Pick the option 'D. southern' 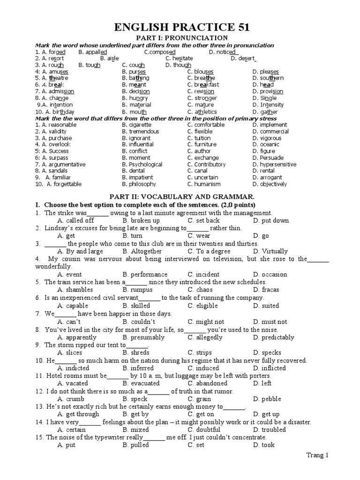268,78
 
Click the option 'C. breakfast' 203,84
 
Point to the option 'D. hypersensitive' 274,165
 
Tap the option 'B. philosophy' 139,184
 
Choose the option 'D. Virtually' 270,251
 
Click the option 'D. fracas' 266,290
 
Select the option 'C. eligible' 202,306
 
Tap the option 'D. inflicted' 269,368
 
